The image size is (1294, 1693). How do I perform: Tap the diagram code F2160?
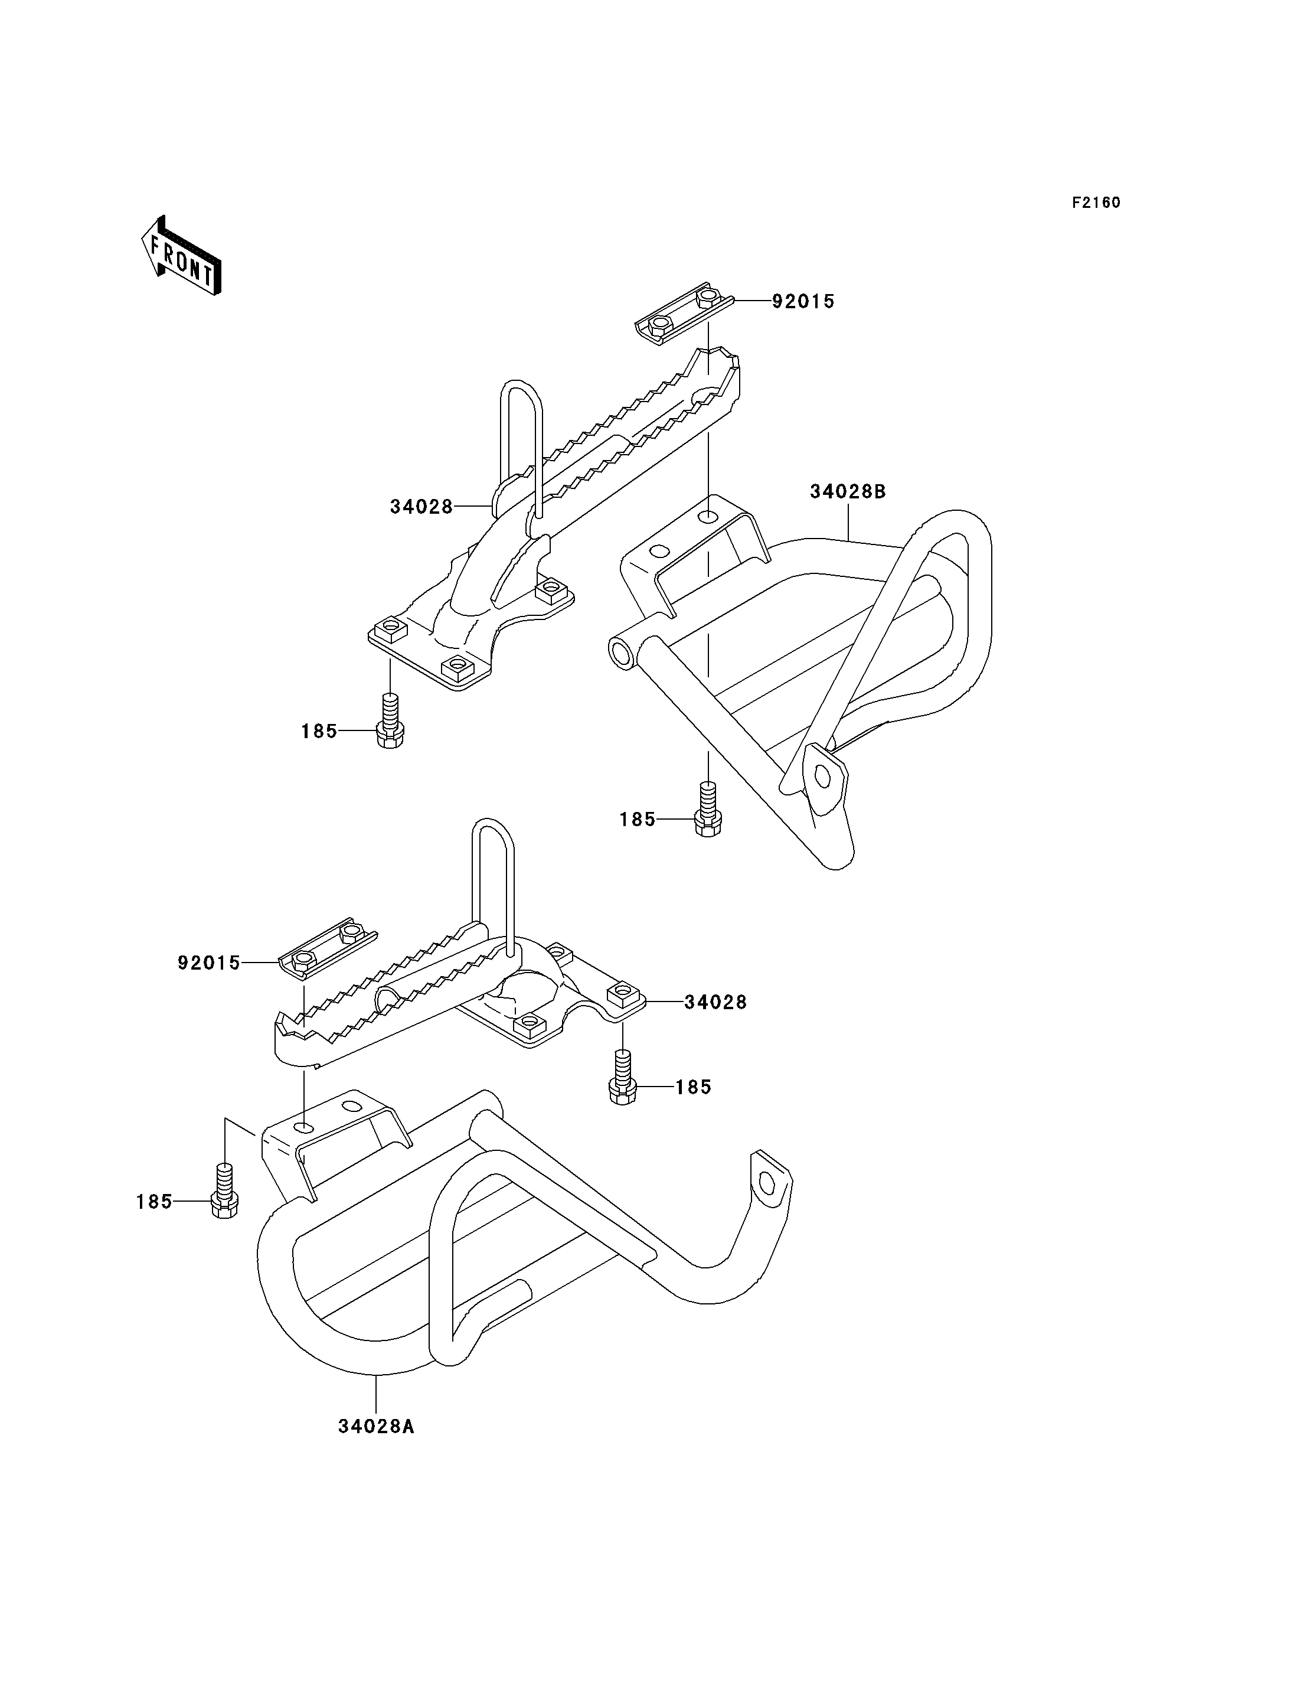(1096, 203)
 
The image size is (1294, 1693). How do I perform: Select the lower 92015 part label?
(209, 963)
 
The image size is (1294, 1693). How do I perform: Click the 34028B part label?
(848, 492)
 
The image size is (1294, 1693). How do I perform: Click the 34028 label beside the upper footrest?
(421, 507)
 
